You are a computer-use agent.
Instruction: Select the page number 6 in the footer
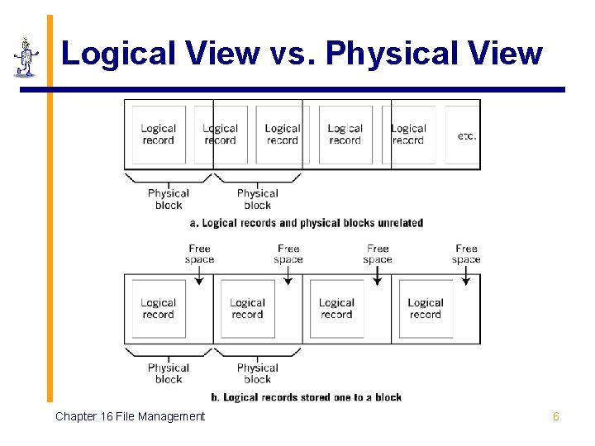(556, 417)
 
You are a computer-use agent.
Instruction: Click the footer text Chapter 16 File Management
(130, 417)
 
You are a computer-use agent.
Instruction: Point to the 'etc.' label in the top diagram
(466, 135)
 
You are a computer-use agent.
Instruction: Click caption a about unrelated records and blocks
(306, 223)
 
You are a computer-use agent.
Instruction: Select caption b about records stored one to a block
(307, 397)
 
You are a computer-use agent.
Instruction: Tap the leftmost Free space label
(199, 254)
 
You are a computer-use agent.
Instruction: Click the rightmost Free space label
(466, 254)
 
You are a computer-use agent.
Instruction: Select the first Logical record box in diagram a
(159, 135)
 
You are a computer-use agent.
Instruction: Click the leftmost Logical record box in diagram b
(159, 309)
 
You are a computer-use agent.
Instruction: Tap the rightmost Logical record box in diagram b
(426, 309)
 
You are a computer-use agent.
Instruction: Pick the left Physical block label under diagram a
(169, 199)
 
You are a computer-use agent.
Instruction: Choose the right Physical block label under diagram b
(258, 373)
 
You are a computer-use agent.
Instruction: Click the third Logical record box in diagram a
(283, 135)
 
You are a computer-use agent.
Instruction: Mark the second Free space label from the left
(288, 254)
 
